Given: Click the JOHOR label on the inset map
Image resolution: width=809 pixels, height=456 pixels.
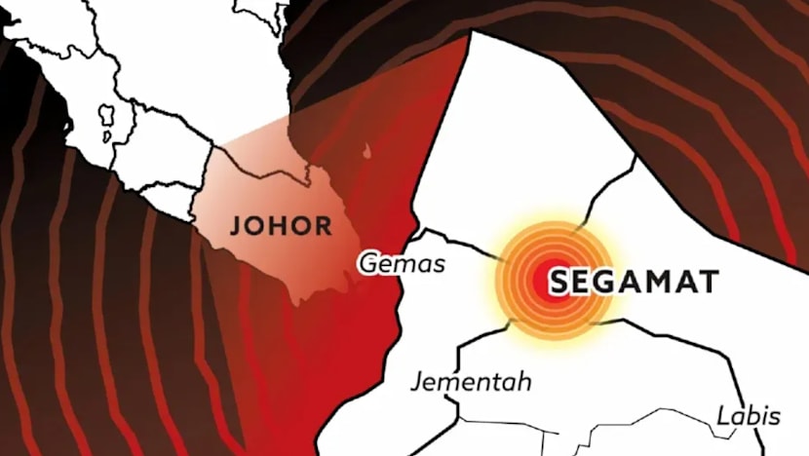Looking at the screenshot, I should (x=281, y=227).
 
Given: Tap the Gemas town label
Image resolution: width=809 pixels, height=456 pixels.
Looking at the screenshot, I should (x=402, y=263).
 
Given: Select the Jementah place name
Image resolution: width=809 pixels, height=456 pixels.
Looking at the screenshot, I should (x=471, y=381).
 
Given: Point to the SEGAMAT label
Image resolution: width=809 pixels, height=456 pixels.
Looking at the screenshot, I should (x=635, y=283).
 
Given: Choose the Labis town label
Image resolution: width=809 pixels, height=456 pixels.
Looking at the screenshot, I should (x=749, y=416).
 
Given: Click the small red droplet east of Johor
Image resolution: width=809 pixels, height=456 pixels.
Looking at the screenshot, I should (x=366, y=151).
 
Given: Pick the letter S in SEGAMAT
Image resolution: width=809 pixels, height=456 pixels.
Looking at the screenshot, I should (x=559, y=283).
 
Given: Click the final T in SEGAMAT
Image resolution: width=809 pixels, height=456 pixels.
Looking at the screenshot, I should (x=709, y=283).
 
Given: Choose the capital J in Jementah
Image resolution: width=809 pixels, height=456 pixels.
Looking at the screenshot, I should (x=416, y=382).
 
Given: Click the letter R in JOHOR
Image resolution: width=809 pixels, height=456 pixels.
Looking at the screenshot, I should (x=323, y=227).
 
